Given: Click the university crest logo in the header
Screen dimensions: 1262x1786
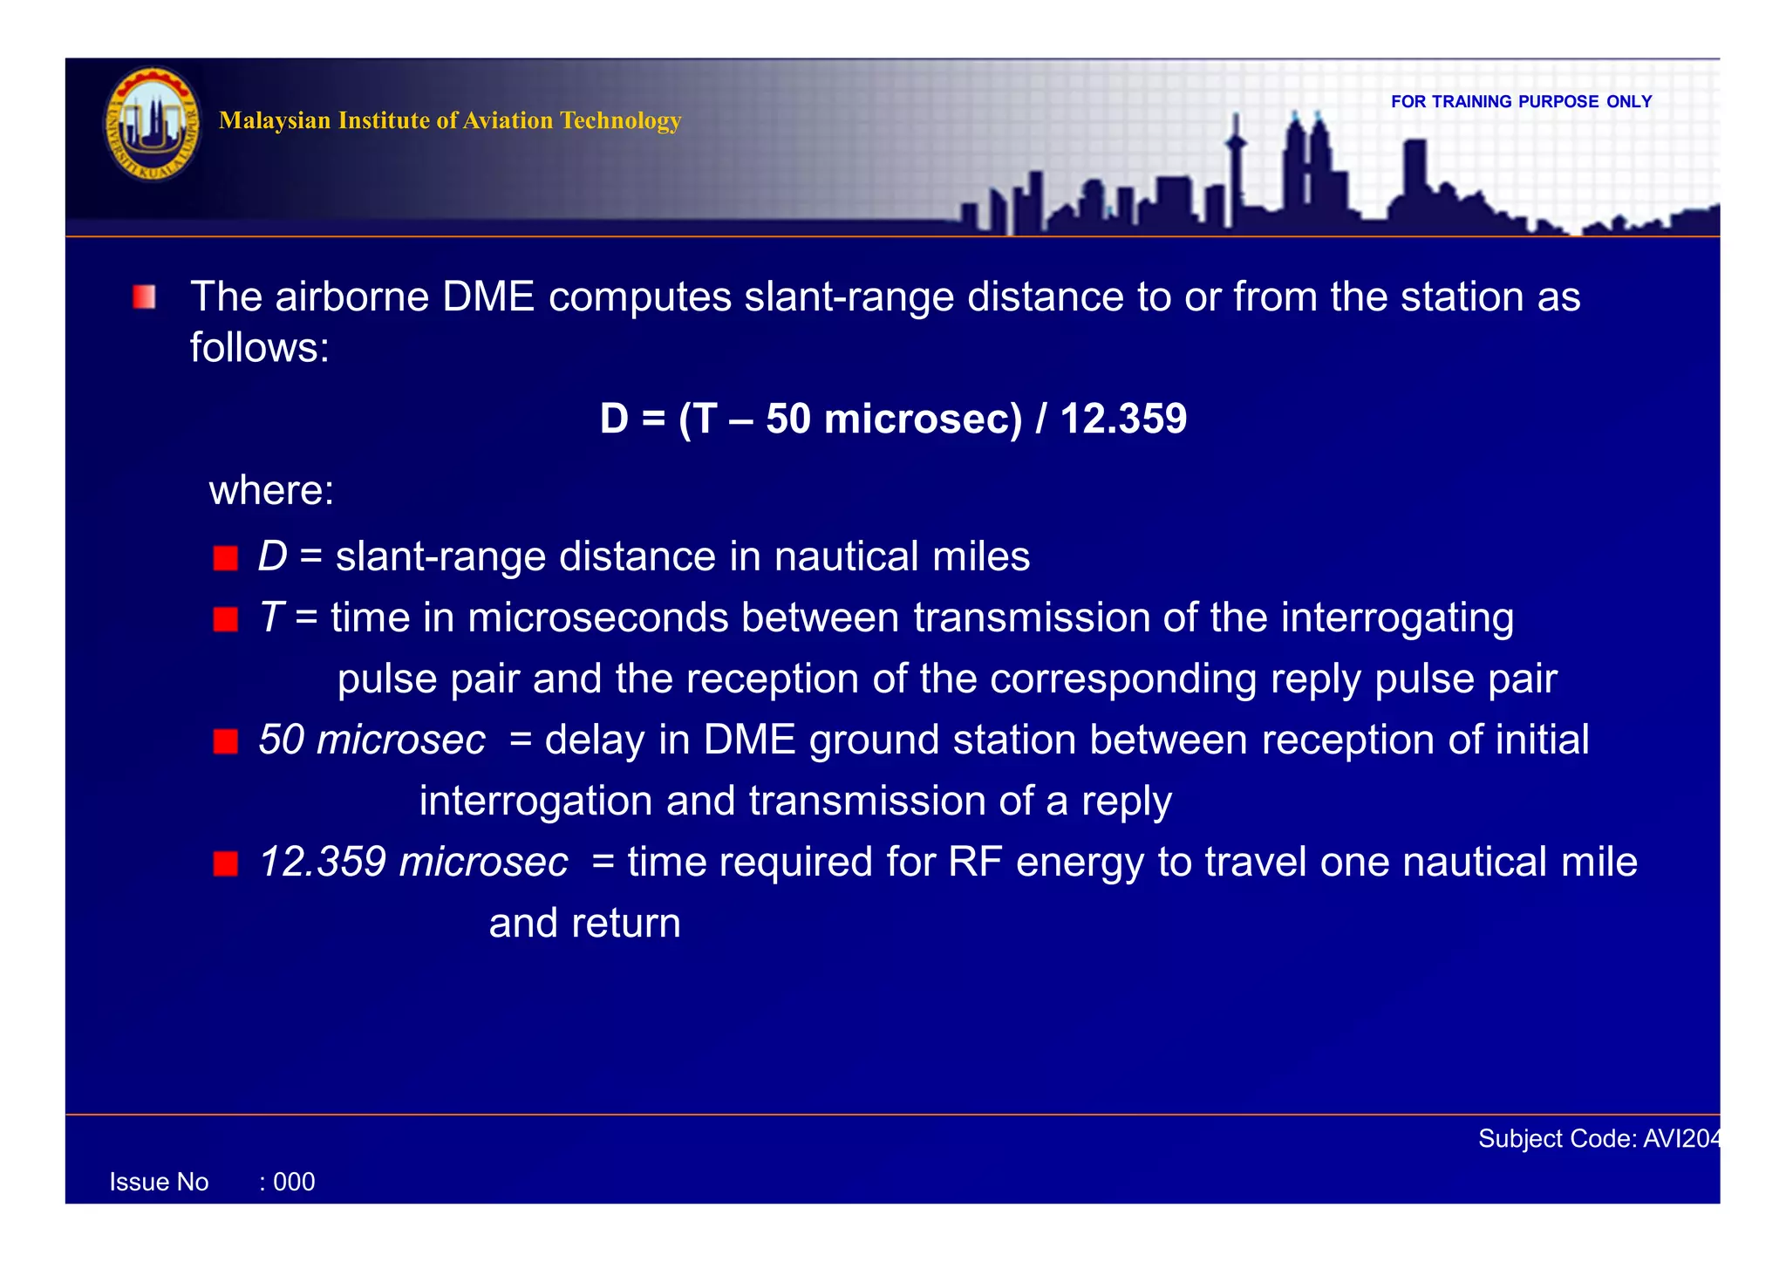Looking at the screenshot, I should [153, 125].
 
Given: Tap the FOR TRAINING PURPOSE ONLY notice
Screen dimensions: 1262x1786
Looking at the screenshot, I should [1521, 102].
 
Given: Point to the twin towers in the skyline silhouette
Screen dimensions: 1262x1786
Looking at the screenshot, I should [1305, 166].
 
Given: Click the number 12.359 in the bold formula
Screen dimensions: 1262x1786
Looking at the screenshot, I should [1123, 419].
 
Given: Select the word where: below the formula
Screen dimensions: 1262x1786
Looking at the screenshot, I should [271, 490].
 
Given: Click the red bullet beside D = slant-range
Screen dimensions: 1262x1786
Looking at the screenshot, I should [226, 558].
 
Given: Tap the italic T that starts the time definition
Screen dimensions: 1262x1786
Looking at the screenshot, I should [270, 617].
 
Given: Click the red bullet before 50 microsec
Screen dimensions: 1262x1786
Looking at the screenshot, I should [226, 741].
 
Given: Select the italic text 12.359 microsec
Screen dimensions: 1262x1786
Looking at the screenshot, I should [413, 862].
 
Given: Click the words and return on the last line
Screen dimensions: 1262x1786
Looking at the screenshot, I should [584, 923].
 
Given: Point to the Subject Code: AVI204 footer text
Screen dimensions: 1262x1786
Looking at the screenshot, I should [1599, 1138].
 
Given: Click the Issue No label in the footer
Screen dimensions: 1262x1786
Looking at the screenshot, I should [159, 1182].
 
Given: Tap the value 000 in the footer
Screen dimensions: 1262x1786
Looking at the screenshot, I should [294, 1182].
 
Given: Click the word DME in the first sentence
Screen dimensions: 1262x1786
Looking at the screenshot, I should [488, 297].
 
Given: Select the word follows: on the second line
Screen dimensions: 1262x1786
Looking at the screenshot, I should [260, 348].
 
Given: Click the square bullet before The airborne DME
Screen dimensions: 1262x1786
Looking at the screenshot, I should [145, 297].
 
